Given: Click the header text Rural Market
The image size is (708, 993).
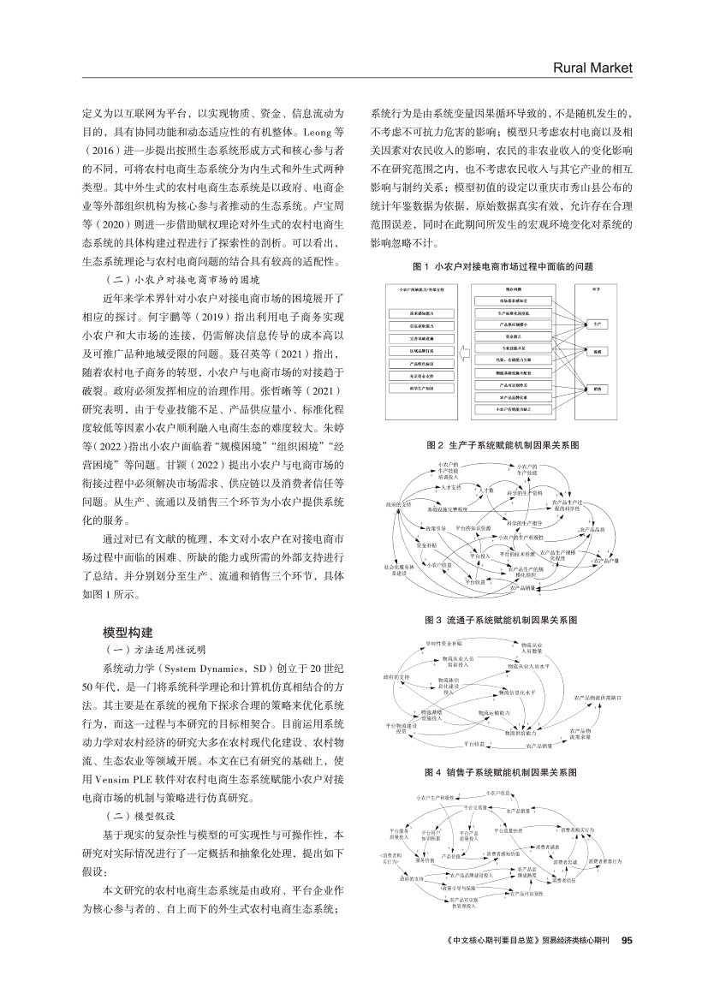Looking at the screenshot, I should click(593, 68).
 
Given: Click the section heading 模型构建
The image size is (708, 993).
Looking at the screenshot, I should click(128, 632).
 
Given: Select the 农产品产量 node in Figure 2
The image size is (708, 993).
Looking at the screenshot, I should click(604, 561).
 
